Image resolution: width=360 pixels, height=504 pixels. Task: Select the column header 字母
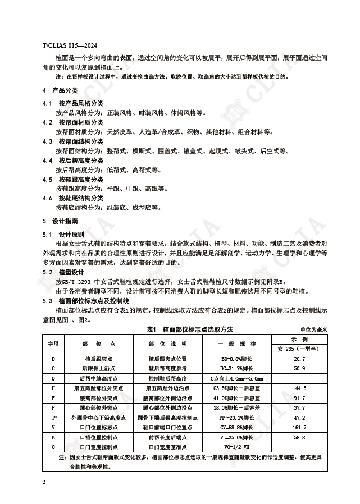click(53, 343)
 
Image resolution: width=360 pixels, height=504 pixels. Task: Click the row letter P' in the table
click(53, 418)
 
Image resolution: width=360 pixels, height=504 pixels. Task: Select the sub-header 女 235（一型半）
click(299, 349)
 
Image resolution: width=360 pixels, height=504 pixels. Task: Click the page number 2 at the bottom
click(44, 482)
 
